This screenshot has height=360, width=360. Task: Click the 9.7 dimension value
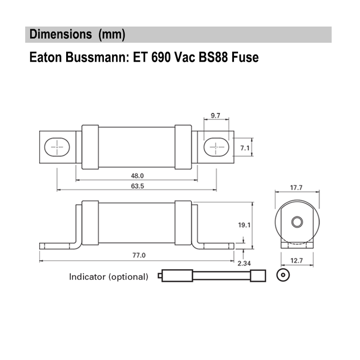pyautogui.click(x=215, y=116)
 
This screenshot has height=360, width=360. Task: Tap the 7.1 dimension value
pyautogui.click(x=244, y=147)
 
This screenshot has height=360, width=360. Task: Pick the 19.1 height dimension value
pyautogui.click(x=243, y=225)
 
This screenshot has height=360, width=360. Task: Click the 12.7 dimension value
pyautogui.click(x=297, y=260)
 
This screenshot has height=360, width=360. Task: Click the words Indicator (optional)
pyautogui.click(x=108, y=277)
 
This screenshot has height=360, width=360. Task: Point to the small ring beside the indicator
pyautogui.click(x=282, y=275)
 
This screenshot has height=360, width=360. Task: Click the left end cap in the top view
pyautogui.click(x=90, y=147)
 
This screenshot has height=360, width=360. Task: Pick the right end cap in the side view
pyautogui.click(x=183, y=223)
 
